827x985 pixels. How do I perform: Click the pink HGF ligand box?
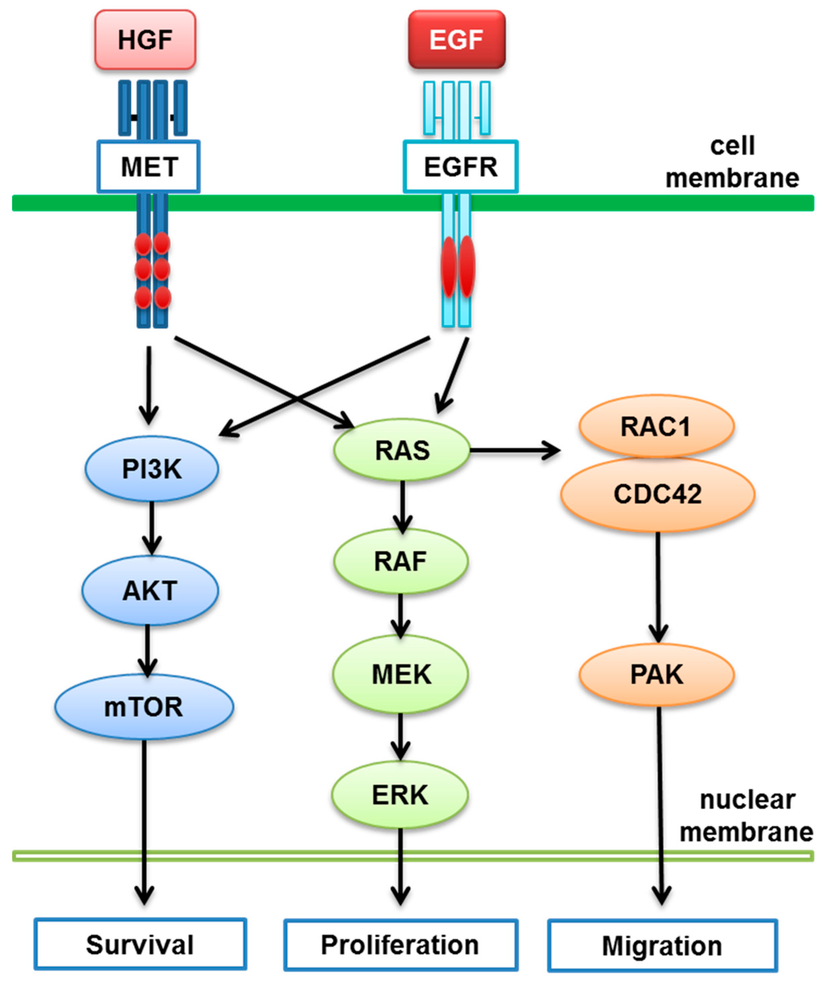click(x=145, y=40)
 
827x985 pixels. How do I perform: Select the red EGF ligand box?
click(x=456, y=40)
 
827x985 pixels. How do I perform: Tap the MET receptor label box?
click(x=149, y=166)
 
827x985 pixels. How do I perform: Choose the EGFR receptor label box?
click(x=460, y=166)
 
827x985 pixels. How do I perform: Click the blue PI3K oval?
click(x=152, y=469)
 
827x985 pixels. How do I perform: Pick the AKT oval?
click(x=150, y=591)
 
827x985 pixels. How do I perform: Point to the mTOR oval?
click(x=144, y=707)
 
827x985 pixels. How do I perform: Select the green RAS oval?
click(x=401, y=450)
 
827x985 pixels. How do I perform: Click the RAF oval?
click(x=401, y=561)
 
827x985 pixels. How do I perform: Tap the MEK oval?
click(x=401, y=674)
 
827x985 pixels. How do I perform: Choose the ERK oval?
click(x=401, y=795)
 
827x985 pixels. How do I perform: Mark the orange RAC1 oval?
click(x=657, y=426)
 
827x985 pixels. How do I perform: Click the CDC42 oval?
click(x=657, y=494)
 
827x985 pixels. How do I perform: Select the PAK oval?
click(x=657, y=675)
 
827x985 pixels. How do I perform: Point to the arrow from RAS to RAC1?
click(x=515, y=450)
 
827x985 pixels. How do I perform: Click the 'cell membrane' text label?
click(x=733, y=161)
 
